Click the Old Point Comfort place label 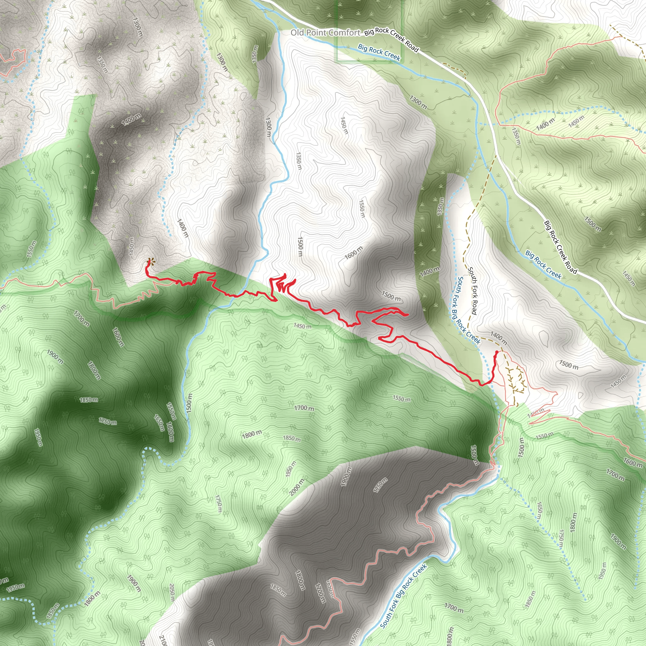[325, 32]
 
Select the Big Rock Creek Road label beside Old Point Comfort [391, 39]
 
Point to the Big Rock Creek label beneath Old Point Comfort [379, 52]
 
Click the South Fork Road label [473, 290]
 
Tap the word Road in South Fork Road [474, 307]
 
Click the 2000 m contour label [297, 487]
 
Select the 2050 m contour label [172, 592]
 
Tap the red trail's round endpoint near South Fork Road [497, 352]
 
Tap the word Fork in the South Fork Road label [473, 291]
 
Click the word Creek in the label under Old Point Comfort [392, 56]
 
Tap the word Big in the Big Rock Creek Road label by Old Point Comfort [369, 32]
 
